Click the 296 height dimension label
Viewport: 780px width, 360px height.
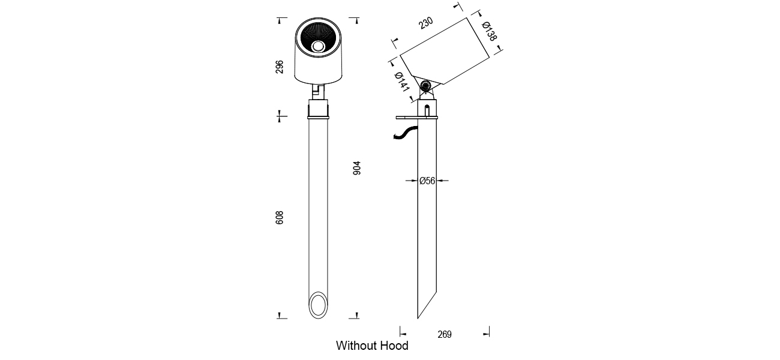click(280, 66)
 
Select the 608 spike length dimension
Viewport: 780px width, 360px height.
click(280, 217)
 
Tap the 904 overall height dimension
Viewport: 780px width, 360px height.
click(357, 167)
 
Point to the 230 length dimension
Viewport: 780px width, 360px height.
click(425, 23)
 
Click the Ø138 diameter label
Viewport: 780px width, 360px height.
click(490, 31)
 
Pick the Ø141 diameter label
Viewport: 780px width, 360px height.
click(402, 85)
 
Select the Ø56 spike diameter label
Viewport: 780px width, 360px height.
click(427, 180)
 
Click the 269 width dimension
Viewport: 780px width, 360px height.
click(445, 335)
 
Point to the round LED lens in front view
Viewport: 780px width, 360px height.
click(318, 45)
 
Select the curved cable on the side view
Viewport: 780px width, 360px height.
click(405, 134)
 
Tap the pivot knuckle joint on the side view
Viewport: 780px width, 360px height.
click(426, 87)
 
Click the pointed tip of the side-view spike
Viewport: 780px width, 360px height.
click(419, 317)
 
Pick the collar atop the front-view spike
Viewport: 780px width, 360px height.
click(319, 110)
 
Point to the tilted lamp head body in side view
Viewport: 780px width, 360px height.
click(447, 52)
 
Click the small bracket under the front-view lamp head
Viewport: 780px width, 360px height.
click(319, 91)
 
